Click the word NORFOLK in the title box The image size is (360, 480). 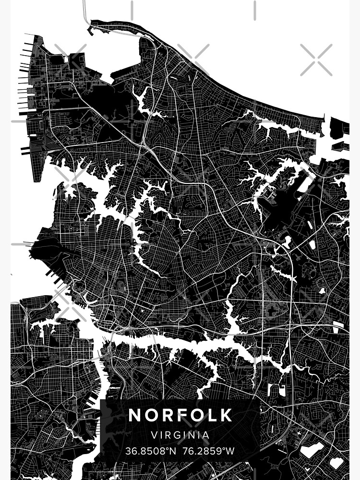coord(180,415)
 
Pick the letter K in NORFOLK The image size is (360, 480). coord(226,415)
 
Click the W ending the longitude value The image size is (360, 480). coord(230,451)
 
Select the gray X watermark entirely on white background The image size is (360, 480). coord(316,60)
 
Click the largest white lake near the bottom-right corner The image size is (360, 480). coord(312,450)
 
